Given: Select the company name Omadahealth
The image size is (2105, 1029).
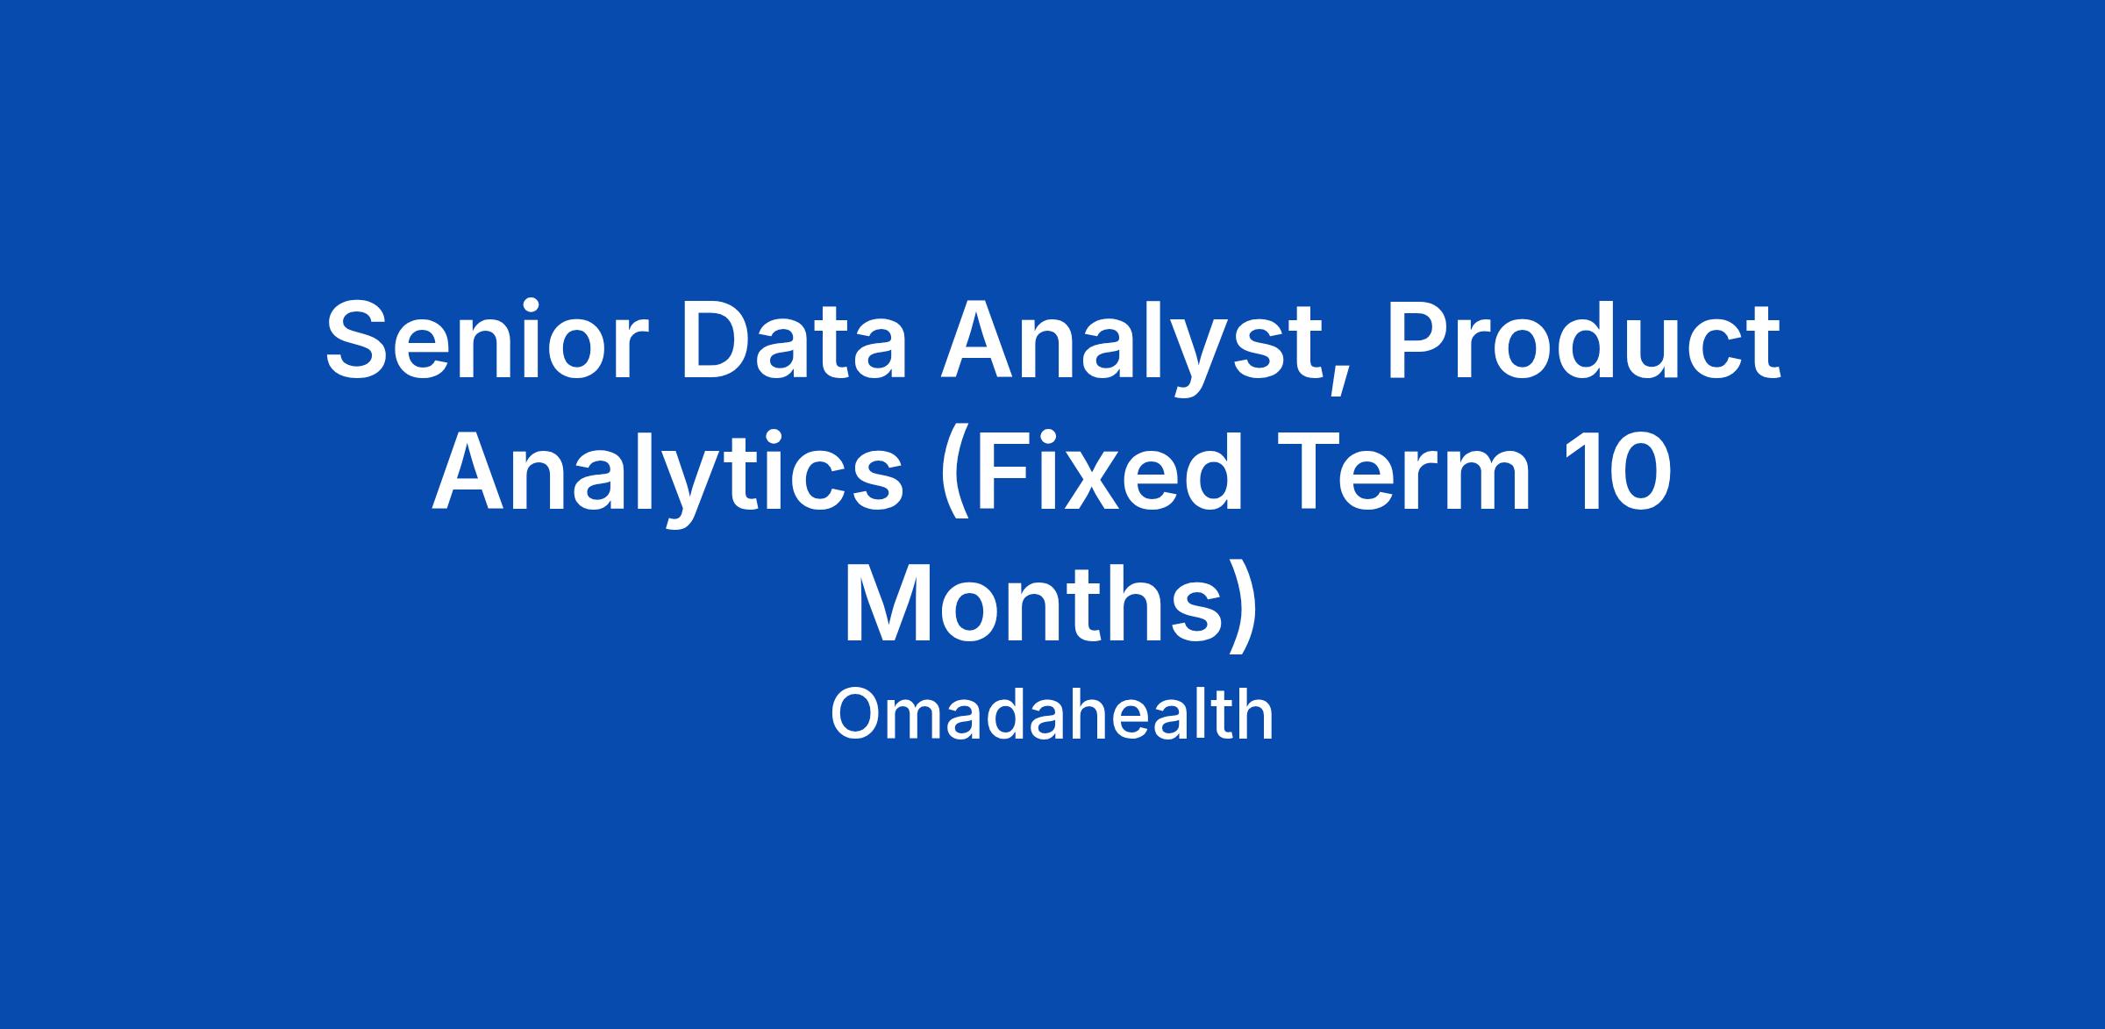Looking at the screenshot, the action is (x=1052, y=715).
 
